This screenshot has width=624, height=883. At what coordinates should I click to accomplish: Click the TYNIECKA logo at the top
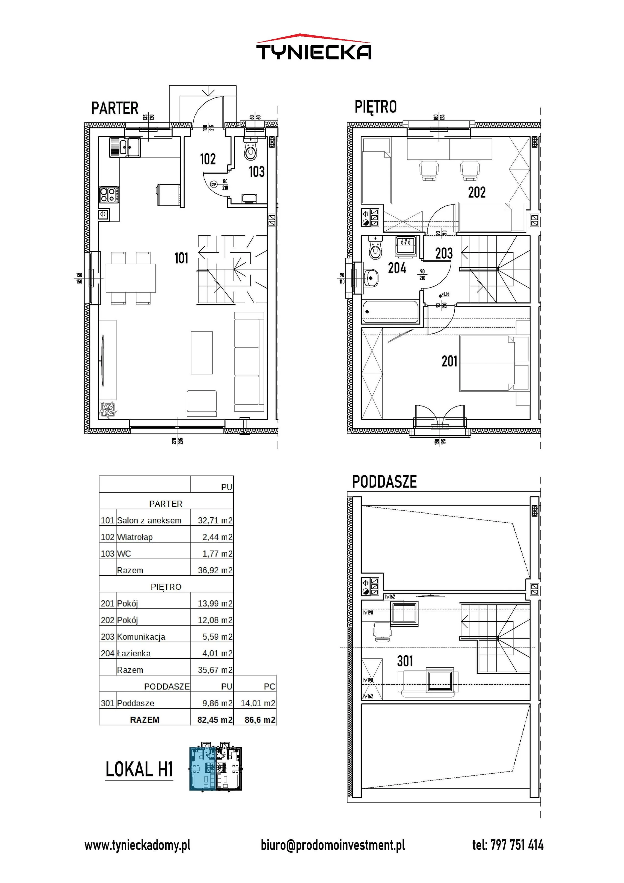click(314, 47)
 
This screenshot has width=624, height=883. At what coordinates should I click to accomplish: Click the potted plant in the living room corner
click(108, 410)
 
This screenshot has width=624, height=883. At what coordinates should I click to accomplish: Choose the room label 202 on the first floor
click(477, 192)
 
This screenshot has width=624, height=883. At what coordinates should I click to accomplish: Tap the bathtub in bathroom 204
click(391, 312)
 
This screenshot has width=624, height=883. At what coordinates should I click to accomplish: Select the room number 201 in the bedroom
click(449, 361)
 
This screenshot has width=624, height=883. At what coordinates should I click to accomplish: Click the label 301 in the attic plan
click(405, 661)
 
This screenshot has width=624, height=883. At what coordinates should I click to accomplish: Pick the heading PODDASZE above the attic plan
click(384, 482)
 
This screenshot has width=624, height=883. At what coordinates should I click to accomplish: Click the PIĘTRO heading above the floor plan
click(375, 107)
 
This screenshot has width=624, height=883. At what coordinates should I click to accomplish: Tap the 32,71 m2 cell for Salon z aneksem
click(215, 520)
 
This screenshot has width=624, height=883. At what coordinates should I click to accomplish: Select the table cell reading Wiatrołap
click(135, 537)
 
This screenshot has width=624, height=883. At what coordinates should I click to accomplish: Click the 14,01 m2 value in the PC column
click(258, 703)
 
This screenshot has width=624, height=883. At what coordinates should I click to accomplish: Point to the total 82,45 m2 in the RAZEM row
click(215, 720)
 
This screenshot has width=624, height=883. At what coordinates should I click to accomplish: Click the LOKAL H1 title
click(139, 770)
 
